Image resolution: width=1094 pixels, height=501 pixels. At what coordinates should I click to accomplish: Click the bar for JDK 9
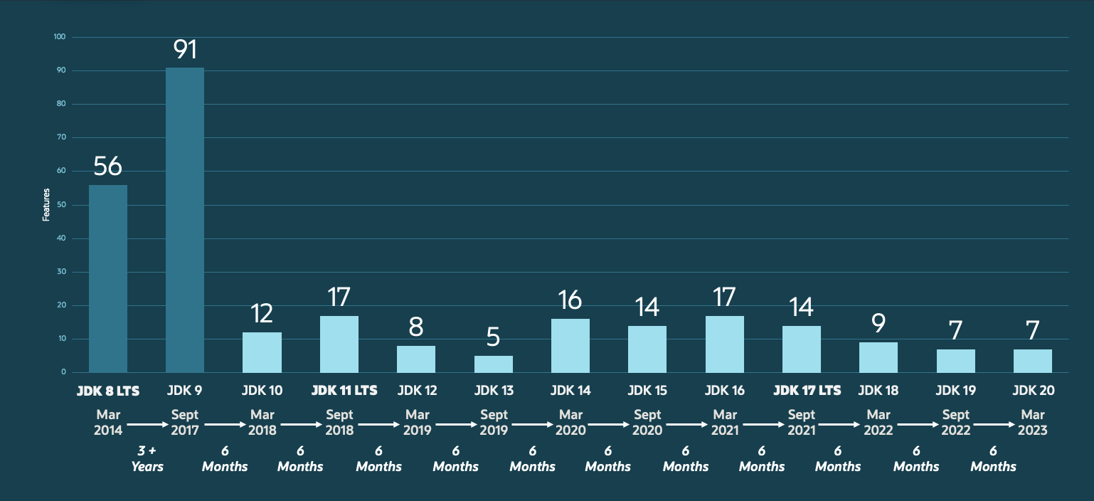tap(185, 220)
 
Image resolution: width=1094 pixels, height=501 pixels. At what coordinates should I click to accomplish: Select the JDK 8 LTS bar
tap(108, 278)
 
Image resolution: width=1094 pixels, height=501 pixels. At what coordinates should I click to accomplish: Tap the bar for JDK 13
tap(494, 364)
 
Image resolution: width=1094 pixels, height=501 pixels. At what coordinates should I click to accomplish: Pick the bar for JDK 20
tap(1033, 360)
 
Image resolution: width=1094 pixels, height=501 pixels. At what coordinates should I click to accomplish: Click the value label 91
tap(185, 51)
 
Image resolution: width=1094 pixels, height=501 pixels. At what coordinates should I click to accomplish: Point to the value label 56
tap(108, 167)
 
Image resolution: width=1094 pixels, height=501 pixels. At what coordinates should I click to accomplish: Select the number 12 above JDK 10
tap(262, 314)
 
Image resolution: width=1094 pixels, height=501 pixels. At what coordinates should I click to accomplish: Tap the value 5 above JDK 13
tap(494, 337)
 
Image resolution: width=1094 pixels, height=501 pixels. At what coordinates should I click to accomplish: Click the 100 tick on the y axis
tap(60, 36)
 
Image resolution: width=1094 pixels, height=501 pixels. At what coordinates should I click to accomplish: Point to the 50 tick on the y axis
tap(61, 204)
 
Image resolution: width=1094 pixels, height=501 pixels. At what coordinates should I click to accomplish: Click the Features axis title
tap(46, 204)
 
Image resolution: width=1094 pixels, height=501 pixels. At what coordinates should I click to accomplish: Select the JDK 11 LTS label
tap(344, 390)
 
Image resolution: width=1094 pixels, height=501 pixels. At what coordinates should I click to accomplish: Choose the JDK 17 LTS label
tap(807, 390)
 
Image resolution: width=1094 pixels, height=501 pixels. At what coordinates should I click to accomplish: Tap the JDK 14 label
tap(570, 390)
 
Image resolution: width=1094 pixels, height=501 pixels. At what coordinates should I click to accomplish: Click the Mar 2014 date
tap(108, 422)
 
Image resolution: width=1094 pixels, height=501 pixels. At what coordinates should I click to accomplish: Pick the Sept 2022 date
tap(956, 422)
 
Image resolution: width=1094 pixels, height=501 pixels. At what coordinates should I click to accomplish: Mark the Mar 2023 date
tap(1033, 422)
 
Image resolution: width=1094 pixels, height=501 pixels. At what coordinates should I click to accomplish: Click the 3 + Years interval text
tap(147, 459)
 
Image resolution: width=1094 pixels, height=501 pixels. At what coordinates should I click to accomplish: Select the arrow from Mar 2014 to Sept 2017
tap(147, 423)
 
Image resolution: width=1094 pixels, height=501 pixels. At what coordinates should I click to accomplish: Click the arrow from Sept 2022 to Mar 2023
tap(994, 423)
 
